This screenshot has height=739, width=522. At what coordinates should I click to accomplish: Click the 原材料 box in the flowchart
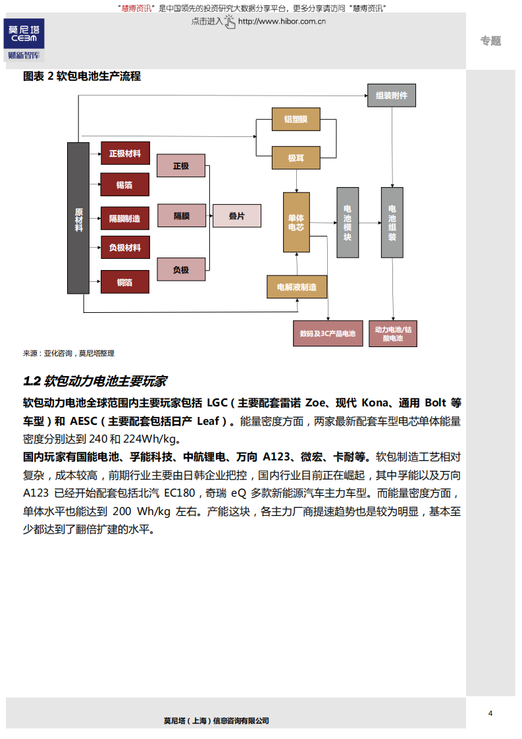point(78,218)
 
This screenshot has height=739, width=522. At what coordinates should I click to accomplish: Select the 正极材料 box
point(125,153)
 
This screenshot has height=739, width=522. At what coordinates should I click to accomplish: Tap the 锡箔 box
point(125,185)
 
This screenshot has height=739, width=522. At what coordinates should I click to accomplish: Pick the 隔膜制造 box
point(125,218)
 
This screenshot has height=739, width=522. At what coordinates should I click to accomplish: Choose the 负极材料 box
point(125,248)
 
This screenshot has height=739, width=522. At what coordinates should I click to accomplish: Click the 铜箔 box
point(125,282)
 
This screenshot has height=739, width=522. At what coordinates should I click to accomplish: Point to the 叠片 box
point(236,216)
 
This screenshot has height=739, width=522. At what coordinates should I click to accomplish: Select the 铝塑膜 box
point(296,119)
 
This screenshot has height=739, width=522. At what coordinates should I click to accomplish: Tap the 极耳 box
point(296,159)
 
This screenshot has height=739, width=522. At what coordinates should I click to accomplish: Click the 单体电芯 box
point(296,222)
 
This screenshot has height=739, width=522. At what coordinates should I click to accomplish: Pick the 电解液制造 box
point(297,287)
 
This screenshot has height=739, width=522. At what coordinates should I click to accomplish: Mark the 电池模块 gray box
point(348,222)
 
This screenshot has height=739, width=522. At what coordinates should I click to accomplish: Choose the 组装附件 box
point(392,96)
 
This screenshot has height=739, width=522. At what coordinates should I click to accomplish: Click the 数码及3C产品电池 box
point(327,334)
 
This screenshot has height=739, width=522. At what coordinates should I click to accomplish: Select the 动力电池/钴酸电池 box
point(392,334)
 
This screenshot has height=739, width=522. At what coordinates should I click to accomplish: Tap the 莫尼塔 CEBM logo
point(24,39)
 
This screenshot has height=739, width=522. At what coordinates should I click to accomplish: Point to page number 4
point(490,713)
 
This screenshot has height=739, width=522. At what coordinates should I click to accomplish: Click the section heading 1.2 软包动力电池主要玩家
point(95,381)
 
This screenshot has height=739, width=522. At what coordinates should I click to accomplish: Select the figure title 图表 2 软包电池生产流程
point(82,76)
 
